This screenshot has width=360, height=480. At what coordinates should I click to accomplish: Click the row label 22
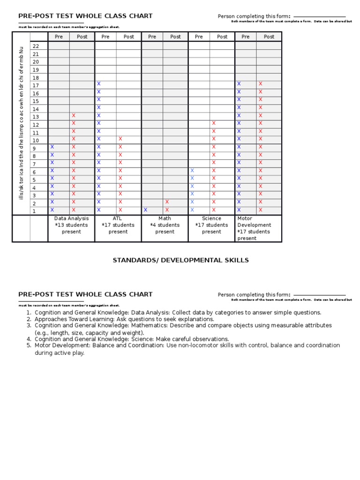36,46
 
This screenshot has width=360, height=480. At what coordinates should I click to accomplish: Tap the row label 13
36,117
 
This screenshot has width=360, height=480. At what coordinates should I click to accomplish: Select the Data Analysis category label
71,218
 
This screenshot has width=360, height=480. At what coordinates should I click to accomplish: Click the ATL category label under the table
118,218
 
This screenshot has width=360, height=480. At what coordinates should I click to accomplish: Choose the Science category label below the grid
211,218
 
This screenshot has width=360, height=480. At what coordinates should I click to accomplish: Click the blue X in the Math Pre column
145,210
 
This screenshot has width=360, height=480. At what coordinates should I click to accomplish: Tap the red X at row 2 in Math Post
167,202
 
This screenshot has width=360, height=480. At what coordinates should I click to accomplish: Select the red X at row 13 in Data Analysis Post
74,115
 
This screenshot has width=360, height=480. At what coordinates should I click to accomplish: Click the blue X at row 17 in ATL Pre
99,84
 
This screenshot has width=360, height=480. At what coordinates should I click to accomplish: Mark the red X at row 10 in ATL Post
120,139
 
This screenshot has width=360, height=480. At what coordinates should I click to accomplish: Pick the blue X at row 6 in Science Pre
192,171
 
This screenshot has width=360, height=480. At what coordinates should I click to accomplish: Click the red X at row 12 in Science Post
214,123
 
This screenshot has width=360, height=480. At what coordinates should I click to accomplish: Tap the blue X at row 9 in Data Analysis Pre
52,147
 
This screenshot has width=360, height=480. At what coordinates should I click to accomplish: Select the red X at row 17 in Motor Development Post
261,84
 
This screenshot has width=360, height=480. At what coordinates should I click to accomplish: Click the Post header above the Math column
175,37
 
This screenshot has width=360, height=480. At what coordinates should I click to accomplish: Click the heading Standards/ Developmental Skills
180,260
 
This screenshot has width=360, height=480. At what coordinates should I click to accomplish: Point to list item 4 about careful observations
132,339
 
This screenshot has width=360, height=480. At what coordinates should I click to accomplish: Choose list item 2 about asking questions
124,319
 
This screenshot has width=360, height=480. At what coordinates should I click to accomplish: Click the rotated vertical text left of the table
21,127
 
